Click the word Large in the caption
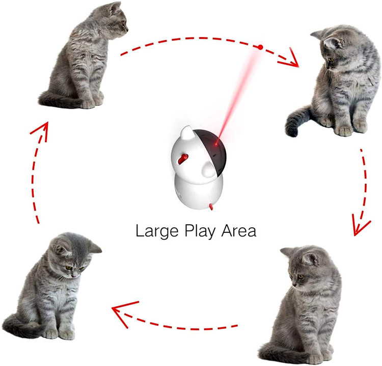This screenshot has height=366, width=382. coord(157,231)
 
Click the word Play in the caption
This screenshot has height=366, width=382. coord(200,231)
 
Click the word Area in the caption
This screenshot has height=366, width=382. coord(239,231)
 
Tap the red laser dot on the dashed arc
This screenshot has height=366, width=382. coord(260,47)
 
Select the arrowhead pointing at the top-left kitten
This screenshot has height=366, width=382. coord(41,130)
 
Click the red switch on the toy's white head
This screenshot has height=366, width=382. coord(183,159)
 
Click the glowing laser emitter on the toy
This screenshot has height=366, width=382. coord(215,144)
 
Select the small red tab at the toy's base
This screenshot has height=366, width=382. coord(211,207)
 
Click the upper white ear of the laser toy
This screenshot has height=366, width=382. coord(187,134)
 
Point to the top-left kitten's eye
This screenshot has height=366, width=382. coord(123,22)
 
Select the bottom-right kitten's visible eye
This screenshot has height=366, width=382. coord(301,276)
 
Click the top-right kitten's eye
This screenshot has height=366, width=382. coord(331,60)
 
